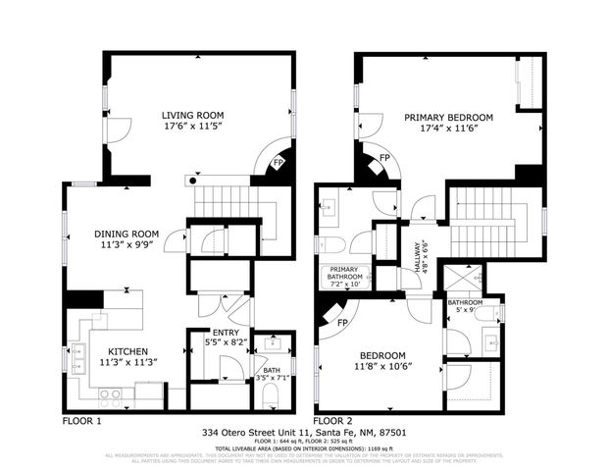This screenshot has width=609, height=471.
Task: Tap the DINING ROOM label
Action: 126,234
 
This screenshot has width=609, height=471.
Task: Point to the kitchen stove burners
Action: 112,395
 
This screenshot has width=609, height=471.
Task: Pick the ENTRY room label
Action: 226,334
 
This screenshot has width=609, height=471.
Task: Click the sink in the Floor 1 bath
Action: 270,345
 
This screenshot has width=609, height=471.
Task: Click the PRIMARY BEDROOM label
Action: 448,117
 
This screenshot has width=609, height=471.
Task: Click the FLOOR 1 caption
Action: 81,420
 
